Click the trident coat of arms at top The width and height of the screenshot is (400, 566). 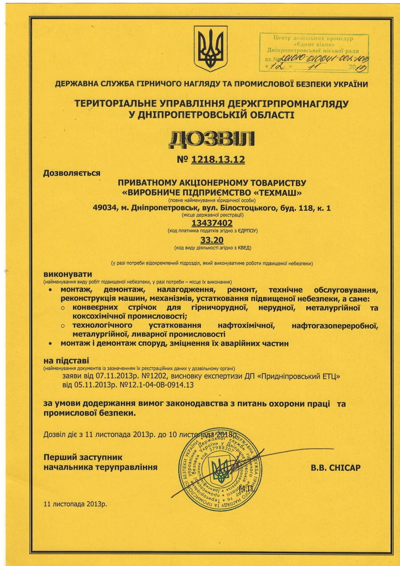211,49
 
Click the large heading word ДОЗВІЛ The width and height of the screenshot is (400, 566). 212,139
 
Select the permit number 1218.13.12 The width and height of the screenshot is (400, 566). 218,160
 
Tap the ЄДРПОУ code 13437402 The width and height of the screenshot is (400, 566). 212,223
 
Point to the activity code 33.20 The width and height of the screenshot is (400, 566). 212,240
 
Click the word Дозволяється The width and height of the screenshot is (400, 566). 72,173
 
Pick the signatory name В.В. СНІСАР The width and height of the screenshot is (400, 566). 336,468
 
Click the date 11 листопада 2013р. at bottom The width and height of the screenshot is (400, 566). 76,504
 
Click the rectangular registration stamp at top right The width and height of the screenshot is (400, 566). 314,52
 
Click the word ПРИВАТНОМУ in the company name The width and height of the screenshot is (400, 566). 148,183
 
